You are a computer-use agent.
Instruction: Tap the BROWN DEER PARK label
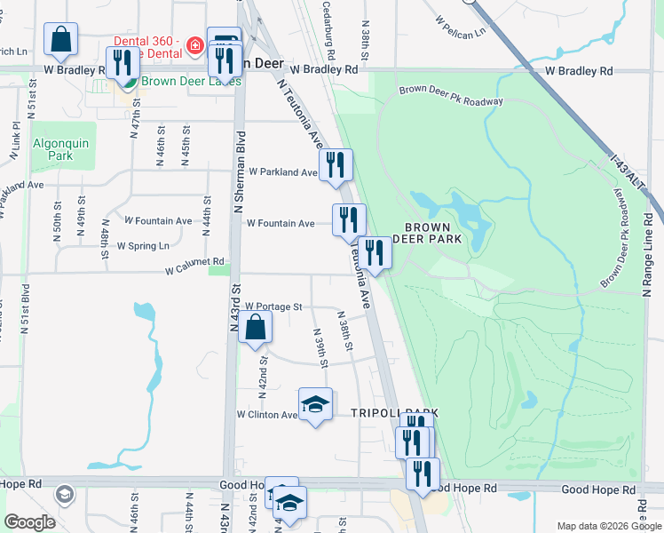(434, 233)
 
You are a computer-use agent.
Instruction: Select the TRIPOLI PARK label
(394, 413)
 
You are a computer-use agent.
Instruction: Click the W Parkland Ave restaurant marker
(336, 165)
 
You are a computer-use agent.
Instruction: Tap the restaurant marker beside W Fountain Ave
(349, 219)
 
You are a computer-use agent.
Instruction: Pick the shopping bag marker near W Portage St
(255, 327)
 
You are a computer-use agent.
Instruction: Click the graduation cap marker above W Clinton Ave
(315, 405)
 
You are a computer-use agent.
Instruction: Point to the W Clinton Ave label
(266, 415)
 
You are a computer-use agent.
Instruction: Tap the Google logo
(29, 522)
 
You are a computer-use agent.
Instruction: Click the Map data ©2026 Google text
(607, 526)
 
